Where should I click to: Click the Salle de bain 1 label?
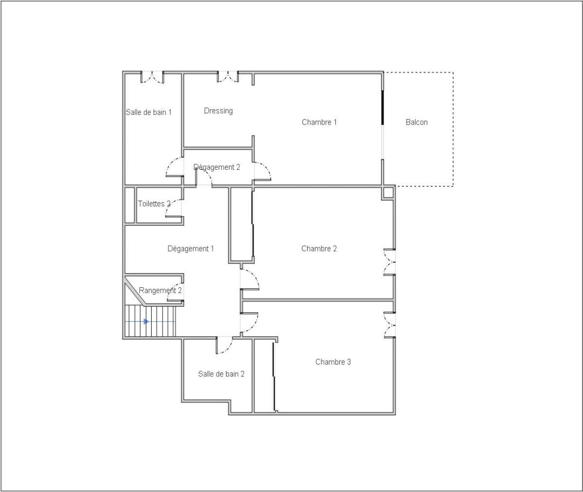(149, 112)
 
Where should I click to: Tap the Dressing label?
(218, 111)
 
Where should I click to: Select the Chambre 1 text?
(320, 122)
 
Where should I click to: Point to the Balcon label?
(417, 122)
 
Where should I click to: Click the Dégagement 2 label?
(217, 167)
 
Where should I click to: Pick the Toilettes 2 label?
(154, 204)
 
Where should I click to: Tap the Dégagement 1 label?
(191, 248)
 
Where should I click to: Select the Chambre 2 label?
(319, 248)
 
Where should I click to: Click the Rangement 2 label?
(160, 290)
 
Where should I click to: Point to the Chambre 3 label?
(333, 362)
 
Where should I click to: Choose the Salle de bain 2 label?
(221, 374)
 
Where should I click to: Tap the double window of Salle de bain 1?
(152, 77)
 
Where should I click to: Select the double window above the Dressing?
(228, 77)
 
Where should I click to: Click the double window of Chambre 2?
(389, 262)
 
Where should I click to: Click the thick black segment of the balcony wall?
(383, 107)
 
